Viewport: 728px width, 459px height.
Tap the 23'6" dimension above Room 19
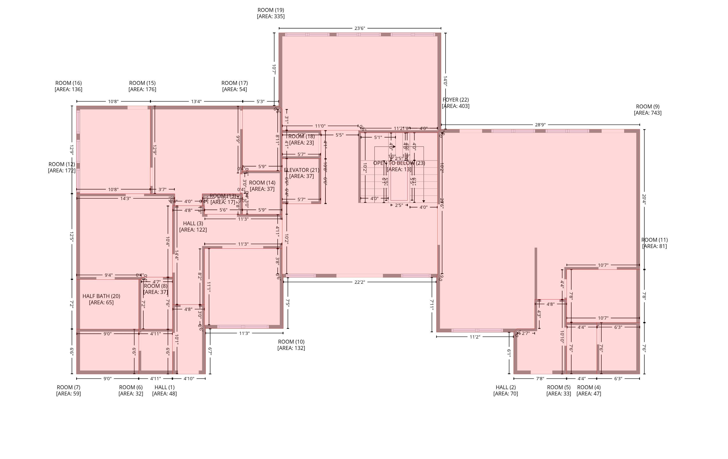coord(359,28)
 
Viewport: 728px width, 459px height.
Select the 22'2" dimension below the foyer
coord(359,282)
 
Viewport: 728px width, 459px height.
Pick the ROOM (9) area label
coord(648,110)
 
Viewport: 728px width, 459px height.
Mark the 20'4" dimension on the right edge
coord(644,200)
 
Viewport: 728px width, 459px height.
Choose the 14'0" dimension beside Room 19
coord(445,81)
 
